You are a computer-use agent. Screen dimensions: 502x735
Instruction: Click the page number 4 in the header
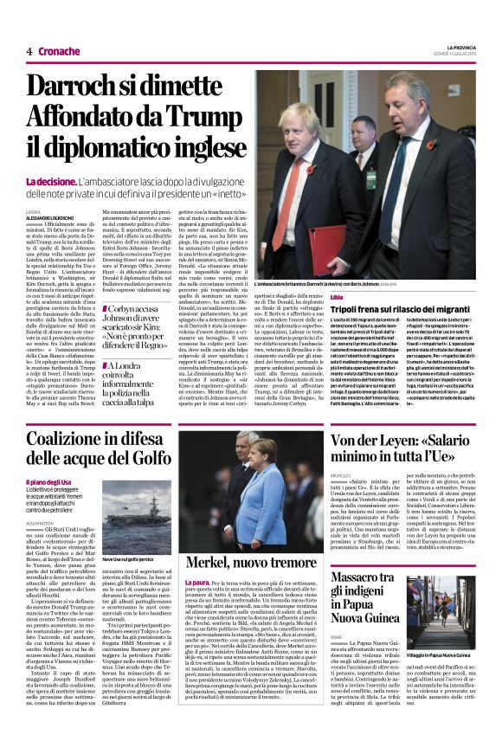tap(29, 51)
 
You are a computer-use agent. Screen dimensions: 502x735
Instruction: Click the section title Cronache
tap(60, 51)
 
